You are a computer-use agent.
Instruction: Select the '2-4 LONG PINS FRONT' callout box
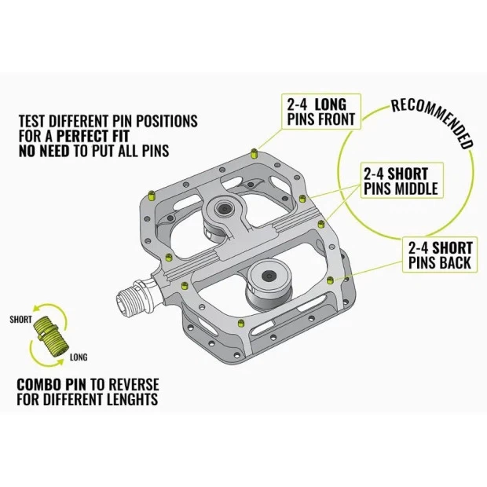pos(320,112)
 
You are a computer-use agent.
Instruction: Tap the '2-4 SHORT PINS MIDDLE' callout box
pos(400,180)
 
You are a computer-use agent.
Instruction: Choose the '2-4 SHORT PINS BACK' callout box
pos(441,254)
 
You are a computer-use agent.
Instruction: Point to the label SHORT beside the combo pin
pos(21,320)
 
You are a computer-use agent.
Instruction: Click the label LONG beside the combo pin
pos(78,357)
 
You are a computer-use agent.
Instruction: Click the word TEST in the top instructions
pos(32,122)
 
